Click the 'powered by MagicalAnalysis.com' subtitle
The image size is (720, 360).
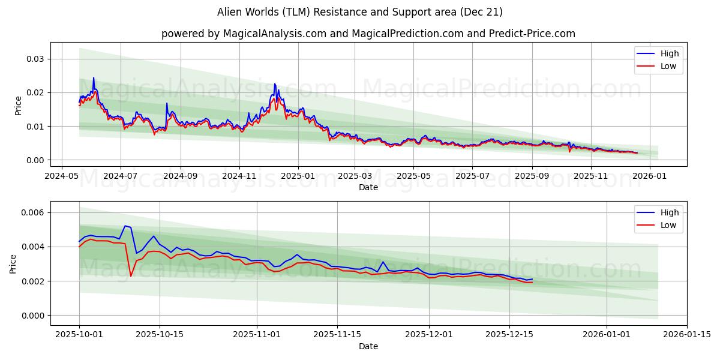point(368,34)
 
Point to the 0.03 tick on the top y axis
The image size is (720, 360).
point(35,59)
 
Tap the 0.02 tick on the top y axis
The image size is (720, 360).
point(35,92)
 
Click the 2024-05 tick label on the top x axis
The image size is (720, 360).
point(62,176)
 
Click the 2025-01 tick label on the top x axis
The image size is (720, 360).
point(298,176)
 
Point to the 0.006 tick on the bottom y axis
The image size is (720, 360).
point(33,213)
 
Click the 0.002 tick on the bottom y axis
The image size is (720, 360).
point(33,281)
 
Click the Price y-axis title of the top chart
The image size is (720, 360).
point(18,106)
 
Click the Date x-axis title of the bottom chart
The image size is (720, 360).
point(368,346)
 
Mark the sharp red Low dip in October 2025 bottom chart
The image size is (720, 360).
point(131,276)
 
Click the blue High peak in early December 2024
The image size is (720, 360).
point(275,84)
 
